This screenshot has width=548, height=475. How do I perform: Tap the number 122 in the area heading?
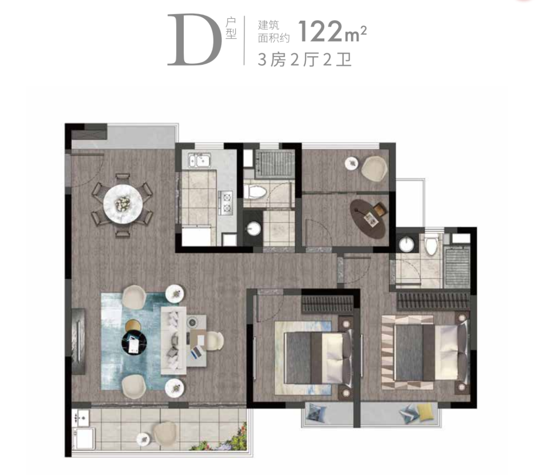(x=321, y=31)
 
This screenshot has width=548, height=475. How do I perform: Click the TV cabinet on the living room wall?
(x=78, y=341)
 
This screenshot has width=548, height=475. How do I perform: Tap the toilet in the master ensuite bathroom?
(x=432, y=244)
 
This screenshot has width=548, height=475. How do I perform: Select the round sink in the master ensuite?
(x=406, y=244)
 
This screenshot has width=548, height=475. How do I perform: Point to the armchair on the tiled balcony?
(x=165, y=433)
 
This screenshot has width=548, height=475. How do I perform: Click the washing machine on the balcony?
(x=84, y=438)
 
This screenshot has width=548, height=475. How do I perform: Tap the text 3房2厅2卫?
(x=304, y=60)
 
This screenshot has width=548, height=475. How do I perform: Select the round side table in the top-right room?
(x=352, y=163)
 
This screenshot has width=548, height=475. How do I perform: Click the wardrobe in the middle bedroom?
(x=327, y=304)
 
